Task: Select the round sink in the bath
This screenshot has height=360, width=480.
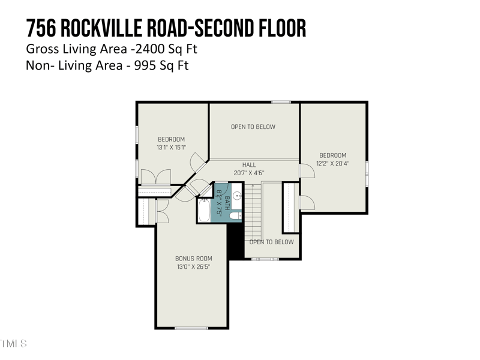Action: pos(236,195)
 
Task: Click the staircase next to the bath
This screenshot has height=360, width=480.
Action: pos(253,210)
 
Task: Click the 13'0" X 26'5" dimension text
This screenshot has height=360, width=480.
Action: pos(193,266)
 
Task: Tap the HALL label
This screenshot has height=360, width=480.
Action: pos(249,165)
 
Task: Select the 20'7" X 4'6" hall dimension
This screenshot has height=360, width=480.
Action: pos(249,173)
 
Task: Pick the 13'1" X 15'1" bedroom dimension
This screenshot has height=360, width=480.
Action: pos(171,147)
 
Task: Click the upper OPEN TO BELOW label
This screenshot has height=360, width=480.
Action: pos(253,127)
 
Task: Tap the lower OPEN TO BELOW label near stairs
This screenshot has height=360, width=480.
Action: pos(271,242)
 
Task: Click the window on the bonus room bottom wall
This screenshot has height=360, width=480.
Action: pos(191,328)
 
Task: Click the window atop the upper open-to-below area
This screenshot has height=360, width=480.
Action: pos(281,102)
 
